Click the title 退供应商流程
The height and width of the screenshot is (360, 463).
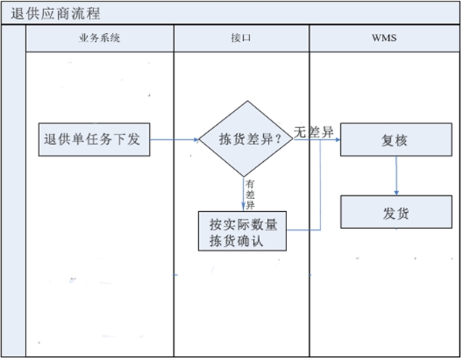click(x=56, y=14)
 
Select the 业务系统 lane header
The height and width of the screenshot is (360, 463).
click(x=100, y=39)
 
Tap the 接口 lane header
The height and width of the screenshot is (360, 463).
click(x=241, y=39)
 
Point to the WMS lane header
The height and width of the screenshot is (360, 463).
click(x=384, y=39)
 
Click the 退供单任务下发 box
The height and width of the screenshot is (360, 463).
click(x=94, y=140)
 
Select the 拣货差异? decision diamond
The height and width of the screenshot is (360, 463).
click(x=245, y=140)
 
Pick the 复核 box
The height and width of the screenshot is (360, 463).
click(x=396, y=141)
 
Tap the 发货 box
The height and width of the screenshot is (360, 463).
click(x=396, y=211)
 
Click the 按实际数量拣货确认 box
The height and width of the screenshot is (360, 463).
click(x=242, y=232)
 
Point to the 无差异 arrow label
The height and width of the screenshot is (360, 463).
click(x=313, y=132)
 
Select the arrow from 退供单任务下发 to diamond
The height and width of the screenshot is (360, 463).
click(x=174, y=140)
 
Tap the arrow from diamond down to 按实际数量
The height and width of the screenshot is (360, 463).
click(x=242, y=197)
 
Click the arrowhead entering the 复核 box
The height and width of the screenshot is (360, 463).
click(x=336, y=140)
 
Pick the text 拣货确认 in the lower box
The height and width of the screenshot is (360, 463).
click(x=236, y=241)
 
